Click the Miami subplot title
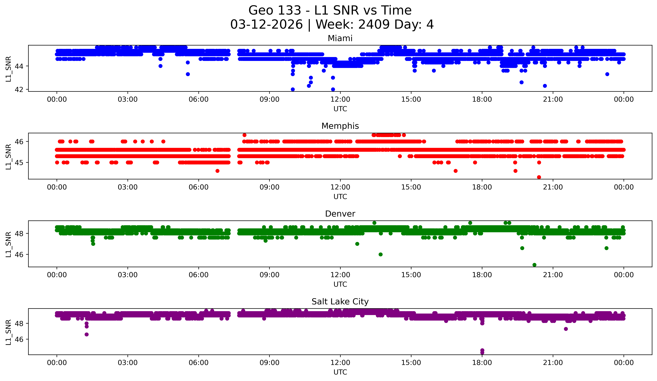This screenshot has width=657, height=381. [340, 38]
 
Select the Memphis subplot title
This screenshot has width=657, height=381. [340, 126]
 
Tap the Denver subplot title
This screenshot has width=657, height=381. [340, 214]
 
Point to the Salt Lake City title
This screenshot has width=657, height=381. [340, 302]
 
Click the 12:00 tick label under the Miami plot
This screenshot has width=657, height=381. [340, 99]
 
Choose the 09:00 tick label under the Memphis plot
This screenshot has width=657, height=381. [269, 187]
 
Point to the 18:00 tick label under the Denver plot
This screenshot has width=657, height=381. [482, 275]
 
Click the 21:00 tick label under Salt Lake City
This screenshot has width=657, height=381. [553, 363]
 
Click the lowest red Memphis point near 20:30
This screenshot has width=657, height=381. [539, 177]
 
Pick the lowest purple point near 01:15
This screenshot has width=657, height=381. [87, 334]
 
